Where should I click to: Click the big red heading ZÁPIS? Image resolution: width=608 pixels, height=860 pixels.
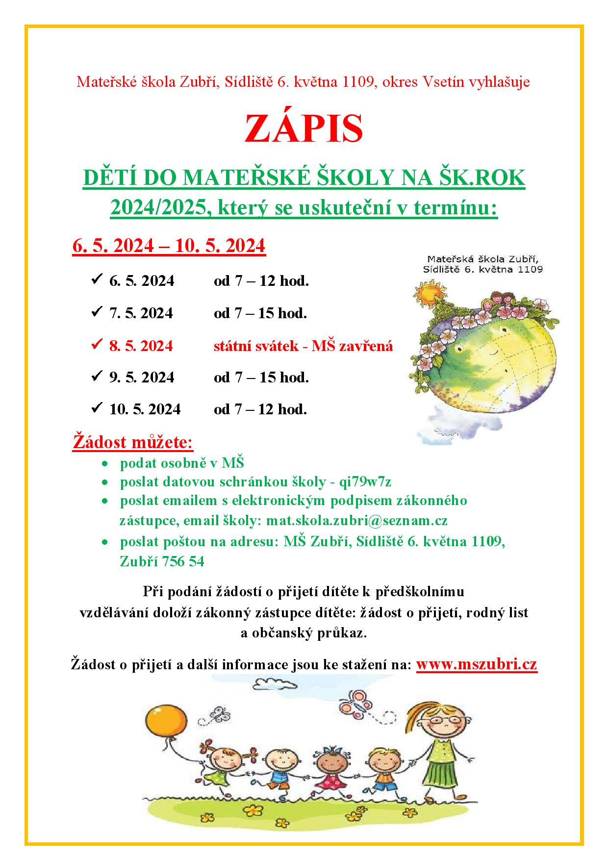click(x=304, y=128)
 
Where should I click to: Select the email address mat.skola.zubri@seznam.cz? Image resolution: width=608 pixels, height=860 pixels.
click(x=356, y=520)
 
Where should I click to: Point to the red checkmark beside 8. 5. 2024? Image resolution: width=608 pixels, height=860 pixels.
click(x=96, y=345)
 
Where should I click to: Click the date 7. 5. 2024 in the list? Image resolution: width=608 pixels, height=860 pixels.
click(x=141, y=313)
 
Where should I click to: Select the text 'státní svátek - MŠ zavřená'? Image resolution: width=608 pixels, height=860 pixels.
click(x=303, y=346)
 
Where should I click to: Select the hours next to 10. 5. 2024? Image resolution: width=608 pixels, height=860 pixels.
click(x=260, y=409)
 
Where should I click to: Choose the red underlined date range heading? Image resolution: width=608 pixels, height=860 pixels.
click(x=169, y=246)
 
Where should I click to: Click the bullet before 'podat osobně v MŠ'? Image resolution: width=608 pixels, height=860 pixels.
click(x=104, y=463)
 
